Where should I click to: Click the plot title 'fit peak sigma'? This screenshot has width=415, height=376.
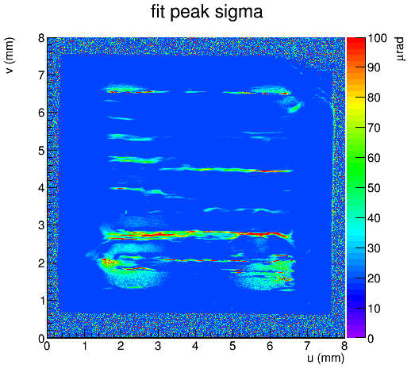(x=206, y=12)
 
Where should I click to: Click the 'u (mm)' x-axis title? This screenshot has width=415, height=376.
(x=326, y=358)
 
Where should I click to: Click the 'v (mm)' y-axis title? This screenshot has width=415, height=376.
(x=10, y=56)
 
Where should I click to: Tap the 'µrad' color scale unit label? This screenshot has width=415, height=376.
(x=400, y=49)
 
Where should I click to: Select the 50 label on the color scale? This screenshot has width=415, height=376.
(x=375, y=188)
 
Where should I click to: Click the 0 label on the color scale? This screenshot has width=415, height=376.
(x=371, y=339)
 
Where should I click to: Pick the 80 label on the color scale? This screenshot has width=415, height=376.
(x=375, y=98)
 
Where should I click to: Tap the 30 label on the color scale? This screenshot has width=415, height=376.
(x=375, y=248)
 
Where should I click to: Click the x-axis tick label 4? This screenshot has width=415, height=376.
(x=195, y=346)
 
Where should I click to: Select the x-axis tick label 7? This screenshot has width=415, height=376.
(x=307, y=346)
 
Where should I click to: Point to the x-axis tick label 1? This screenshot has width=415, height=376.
(x=84, y=346)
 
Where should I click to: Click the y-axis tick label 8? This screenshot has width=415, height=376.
(x=41, y=38)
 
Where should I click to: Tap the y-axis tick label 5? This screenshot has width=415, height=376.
(x=41, y=151)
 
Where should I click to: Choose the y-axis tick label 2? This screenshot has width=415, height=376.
(x=41, y=263)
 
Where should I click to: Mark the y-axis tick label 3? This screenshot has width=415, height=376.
(x=41, y=226)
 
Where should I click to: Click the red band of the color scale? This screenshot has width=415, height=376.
(x=356, y=46)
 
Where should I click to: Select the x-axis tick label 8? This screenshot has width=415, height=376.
(x=344, y=346)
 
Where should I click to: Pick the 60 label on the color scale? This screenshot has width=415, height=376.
(x=375, y=158)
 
